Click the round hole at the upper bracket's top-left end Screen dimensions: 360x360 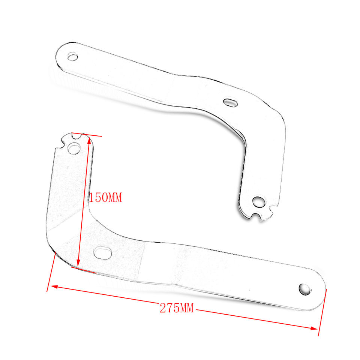tap(73, 57)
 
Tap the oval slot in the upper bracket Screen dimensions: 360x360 tap(230, 103)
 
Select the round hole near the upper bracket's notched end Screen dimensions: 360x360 tap(258, 202)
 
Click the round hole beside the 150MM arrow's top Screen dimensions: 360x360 tap(74, 148)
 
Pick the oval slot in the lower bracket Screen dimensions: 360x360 tap(103, 253)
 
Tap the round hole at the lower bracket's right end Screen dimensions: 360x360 tap(304, 289)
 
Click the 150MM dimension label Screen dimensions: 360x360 tap(105, 198)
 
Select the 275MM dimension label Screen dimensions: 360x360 tap(177, 308)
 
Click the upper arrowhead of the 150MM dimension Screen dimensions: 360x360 tap(89, 140)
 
